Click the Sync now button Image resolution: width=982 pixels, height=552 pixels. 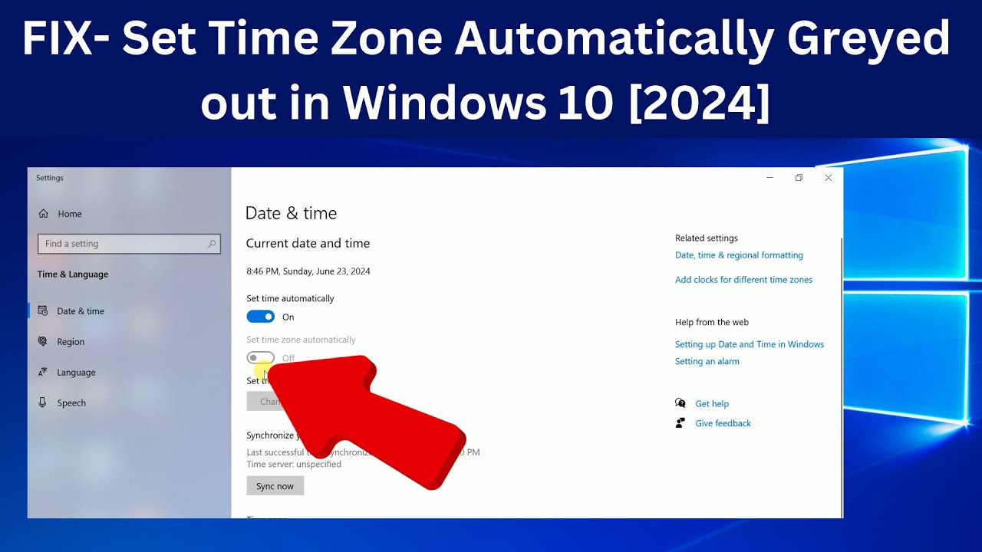[x=275, y=486]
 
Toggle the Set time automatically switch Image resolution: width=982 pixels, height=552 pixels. [x=261, y=317]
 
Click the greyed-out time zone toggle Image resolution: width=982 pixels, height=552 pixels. [x=261, y=358]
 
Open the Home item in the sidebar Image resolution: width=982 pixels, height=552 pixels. [x=69, y=214]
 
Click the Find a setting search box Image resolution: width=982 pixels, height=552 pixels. [x=123, y=244]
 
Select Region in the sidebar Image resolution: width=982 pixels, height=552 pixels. [x=71, y=342]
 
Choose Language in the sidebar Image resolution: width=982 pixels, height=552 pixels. [x=76, y=373]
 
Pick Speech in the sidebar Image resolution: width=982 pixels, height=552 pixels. [x=71, y=403]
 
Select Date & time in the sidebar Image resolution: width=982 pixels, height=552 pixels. [x=80, y=311]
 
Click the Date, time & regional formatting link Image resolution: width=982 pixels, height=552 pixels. [x=739, y=255]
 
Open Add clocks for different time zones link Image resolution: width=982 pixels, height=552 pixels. [x=743, y=280]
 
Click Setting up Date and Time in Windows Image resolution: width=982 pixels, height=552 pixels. [x=749, y=344]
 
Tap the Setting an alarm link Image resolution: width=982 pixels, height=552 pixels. [x=707, y=361]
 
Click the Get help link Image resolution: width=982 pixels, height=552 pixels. [x=712, y=404]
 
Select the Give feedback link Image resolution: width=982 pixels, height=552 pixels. [x=723, y=423]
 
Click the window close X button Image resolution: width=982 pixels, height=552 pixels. [x=828, y=178]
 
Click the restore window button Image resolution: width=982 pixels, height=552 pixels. [x=799, y=178]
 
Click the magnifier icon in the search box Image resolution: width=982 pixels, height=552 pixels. [x=212, y=244]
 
